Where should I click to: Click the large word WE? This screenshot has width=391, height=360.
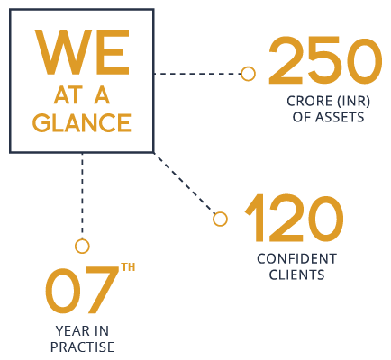pos(82,52)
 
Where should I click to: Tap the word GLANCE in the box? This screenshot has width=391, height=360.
pos(82,122)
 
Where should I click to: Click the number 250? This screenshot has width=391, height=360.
pos(325,60)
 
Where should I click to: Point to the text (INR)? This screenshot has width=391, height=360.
pos(353,101)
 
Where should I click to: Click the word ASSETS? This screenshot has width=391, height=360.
pos(340,117)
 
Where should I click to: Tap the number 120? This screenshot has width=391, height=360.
pos(294,218)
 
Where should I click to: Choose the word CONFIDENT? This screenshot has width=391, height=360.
pos(296,259)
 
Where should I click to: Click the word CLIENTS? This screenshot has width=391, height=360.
pos(296,274)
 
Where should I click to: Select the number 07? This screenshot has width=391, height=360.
pos(82,290)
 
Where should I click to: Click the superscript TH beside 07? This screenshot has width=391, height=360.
pos(128,267)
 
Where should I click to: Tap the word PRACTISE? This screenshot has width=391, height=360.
pos(82,347)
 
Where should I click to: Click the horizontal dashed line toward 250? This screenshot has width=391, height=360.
pos(197,74)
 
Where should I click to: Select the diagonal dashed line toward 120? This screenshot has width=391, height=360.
pos(185,184)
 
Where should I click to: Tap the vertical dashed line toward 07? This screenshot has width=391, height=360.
pos(82,196)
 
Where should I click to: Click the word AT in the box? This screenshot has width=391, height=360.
pos(68,96)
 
